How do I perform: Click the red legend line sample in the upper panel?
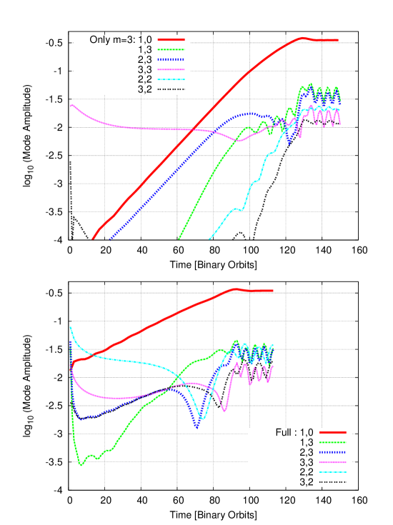coord(171,40)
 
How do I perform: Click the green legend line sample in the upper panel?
coord(171,50)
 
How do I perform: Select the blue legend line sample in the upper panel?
coord(171,60)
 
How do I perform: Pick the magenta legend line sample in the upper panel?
coord(171,70)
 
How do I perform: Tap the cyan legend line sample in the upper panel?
coord(171,80)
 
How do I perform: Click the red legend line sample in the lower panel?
coord(333,432)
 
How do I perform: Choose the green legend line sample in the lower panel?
coord(333,442)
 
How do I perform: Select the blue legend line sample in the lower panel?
coord(333,452)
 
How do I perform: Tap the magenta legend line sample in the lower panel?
coord(333,462)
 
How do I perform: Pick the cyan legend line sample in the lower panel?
coord(333,472)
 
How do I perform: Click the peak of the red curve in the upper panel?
coord(303,38)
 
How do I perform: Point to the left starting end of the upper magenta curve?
coord(71,105)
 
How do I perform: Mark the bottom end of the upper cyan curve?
coord(209,239)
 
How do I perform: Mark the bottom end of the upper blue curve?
coord(109,239)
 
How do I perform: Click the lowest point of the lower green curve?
coord(81,465)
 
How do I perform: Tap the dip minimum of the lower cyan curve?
coord(203,419)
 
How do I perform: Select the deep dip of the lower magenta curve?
coord(226,411)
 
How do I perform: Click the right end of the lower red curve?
coord(273,291)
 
